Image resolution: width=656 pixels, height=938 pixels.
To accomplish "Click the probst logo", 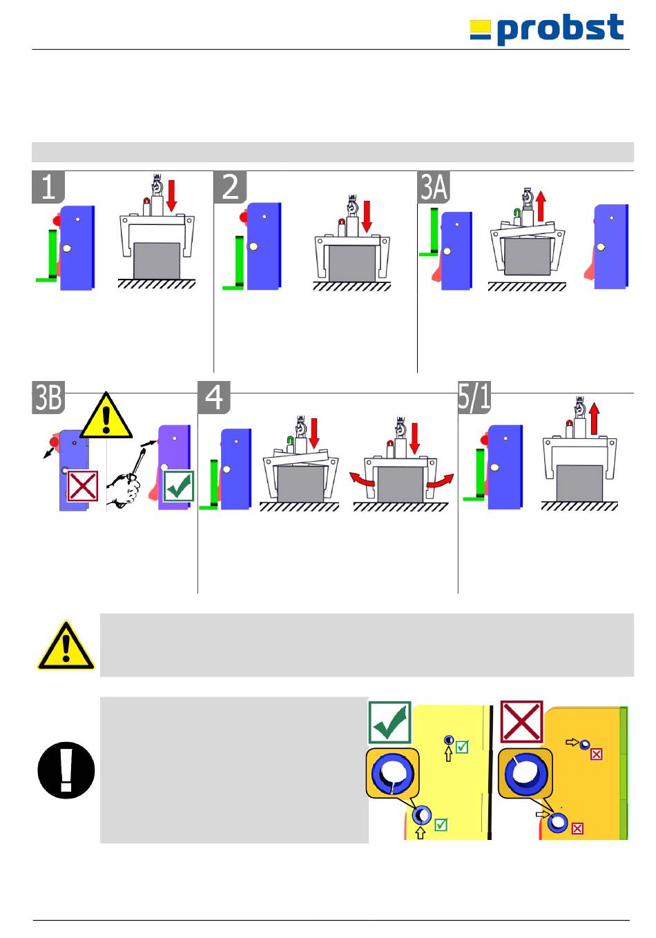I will [547, 30].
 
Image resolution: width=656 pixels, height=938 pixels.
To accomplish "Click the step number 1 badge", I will [48, 187].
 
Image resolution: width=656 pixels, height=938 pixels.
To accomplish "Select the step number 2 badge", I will [230, 187].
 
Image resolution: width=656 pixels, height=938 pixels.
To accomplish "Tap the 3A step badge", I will [434, 187].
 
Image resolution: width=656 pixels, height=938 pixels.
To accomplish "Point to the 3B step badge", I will [48, 398].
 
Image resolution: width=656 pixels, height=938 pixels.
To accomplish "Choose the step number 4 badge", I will [214, 398].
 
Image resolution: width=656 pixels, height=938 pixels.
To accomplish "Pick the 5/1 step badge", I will [474, 398].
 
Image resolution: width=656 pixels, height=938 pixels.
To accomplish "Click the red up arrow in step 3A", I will [541, 205].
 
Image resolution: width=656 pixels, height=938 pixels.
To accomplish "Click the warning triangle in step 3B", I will [106, 416].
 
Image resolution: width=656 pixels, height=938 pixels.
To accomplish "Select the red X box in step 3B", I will [82, 486].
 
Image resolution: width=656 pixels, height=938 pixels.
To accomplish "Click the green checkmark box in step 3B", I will [178, 486].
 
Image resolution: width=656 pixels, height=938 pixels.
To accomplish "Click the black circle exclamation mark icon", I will [66, 770].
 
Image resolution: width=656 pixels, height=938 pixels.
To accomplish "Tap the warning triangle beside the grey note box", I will [66, 646].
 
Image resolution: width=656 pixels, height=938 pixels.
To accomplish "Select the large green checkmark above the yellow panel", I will [390, 722].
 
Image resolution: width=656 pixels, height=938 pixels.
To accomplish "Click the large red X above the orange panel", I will [521, 722].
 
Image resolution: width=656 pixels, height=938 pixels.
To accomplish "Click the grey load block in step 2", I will [351, 262].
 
